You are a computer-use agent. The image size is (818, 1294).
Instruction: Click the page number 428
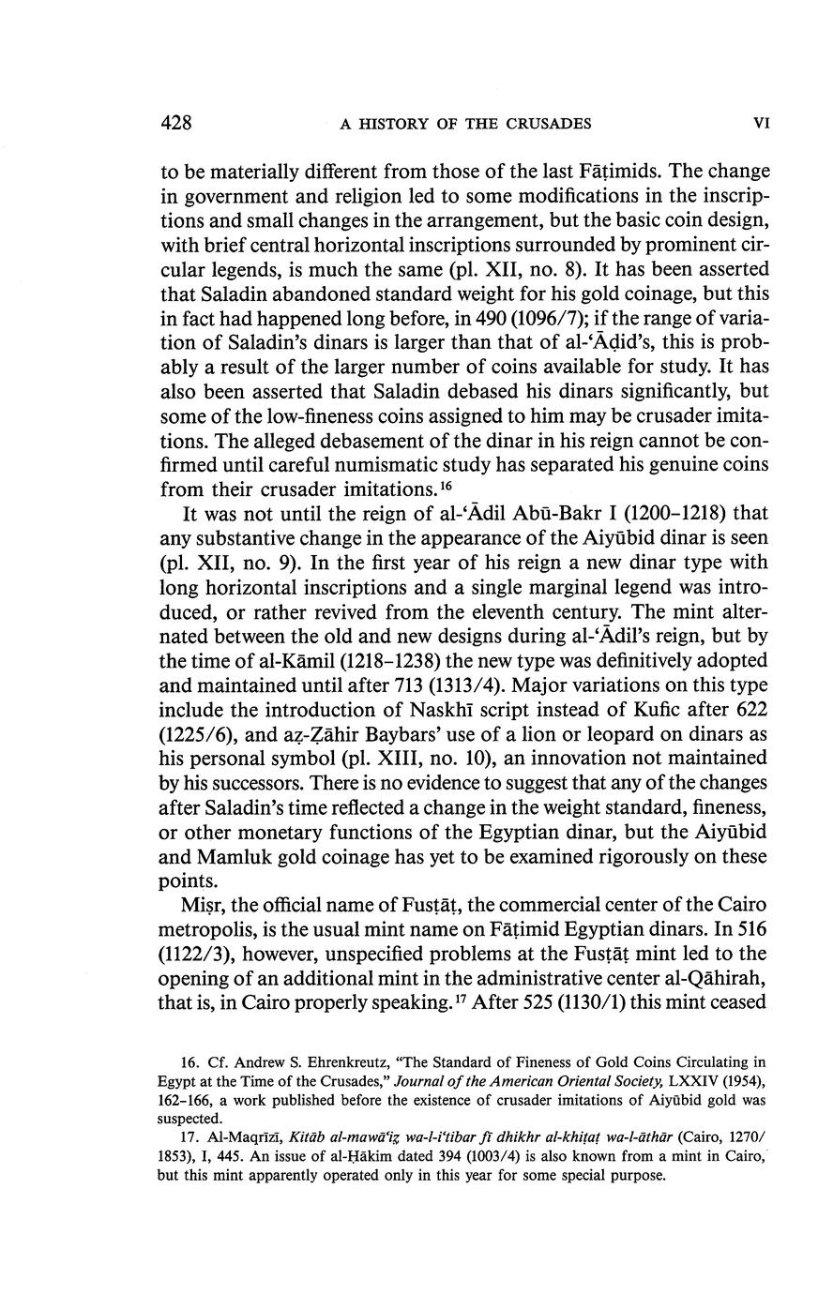pos(176,123)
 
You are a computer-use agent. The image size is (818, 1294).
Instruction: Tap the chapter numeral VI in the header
pos(762,124)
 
